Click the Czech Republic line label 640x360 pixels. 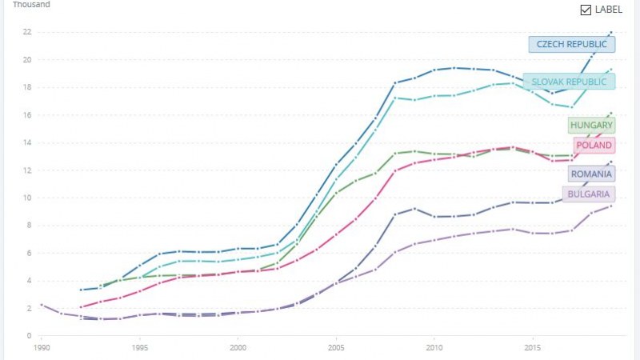tap(571, 45)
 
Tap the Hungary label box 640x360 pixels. tap(591, 126)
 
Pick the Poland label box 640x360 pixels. tap(591, 146)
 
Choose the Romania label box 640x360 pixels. tap(591, 174)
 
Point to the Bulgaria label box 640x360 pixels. tap(589, 194)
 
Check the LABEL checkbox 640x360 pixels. tap(586, 10)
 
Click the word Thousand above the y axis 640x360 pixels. tap(31, 5)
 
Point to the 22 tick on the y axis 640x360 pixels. tap(26, 32)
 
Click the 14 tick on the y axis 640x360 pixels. tap(26, 142)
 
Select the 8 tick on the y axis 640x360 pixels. tap(29, 226)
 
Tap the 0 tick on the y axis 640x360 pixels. tap(29, 336)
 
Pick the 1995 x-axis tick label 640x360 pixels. tap(139, 349)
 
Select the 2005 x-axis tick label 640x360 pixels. tap(336, 349)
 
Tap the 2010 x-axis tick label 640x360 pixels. tap(434, 349)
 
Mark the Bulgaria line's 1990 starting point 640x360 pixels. tap(41, 305)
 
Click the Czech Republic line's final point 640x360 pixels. tap(611, 33)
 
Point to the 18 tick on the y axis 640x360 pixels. tap(26, 87)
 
